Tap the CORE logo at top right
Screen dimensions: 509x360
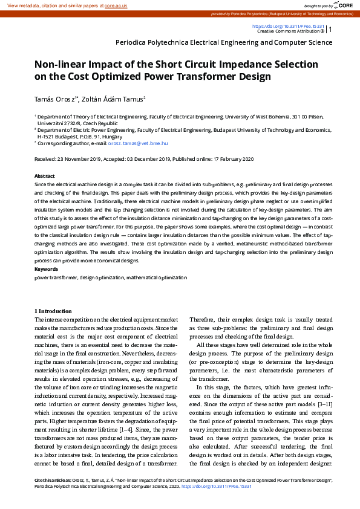click(344, 5)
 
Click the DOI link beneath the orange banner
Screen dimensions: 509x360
click(288, 27)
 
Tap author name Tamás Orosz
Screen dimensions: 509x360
click(57, 99)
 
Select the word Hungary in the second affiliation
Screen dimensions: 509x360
click(128, 137)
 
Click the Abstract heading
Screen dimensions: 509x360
click(45, 174)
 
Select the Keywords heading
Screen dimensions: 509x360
click(47, 268)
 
